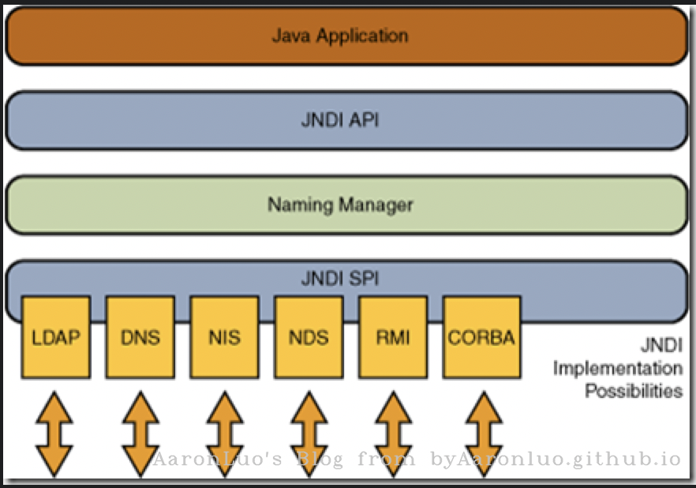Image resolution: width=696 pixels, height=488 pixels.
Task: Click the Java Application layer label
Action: tap(340, 36)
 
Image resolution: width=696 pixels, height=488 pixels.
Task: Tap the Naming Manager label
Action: tap(340, 205)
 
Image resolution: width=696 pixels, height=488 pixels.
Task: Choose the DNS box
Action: tap(140, 337)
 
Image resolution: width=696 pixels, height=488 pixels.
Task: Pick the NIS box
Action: tap(225, 337)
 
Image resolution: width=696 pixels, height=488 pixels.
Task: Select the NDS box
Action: tap(309, 337)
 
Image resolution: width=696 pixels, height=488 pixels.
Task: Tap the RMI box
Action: tap(393, 337)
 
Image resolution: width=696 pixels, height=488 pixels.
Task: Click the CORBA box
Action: tap(481, 337)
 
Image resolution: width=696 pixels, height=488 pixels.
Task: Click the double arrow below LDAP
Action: tap(55, 430)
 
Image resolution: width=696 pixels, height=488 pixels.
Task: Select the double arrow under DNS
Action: tap(140, 430)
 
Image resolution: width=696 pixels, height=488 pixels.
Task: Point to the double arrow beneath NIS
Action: tap(224, 430)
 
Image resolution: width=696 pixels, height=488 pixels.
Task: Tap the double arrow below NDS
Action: tap(309, 430)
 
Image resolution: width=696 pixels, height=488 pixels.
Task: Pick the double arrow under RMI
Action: tap(393, 430)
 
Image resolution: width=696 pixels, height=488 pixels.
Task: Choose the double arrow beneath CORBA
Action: tap(481, 430)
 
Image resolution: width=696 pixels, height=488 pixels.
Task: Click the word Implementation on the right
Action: tap(617, 368)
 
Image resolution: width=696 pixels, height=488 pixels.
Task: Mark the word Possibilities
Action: tap(633, 391)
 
